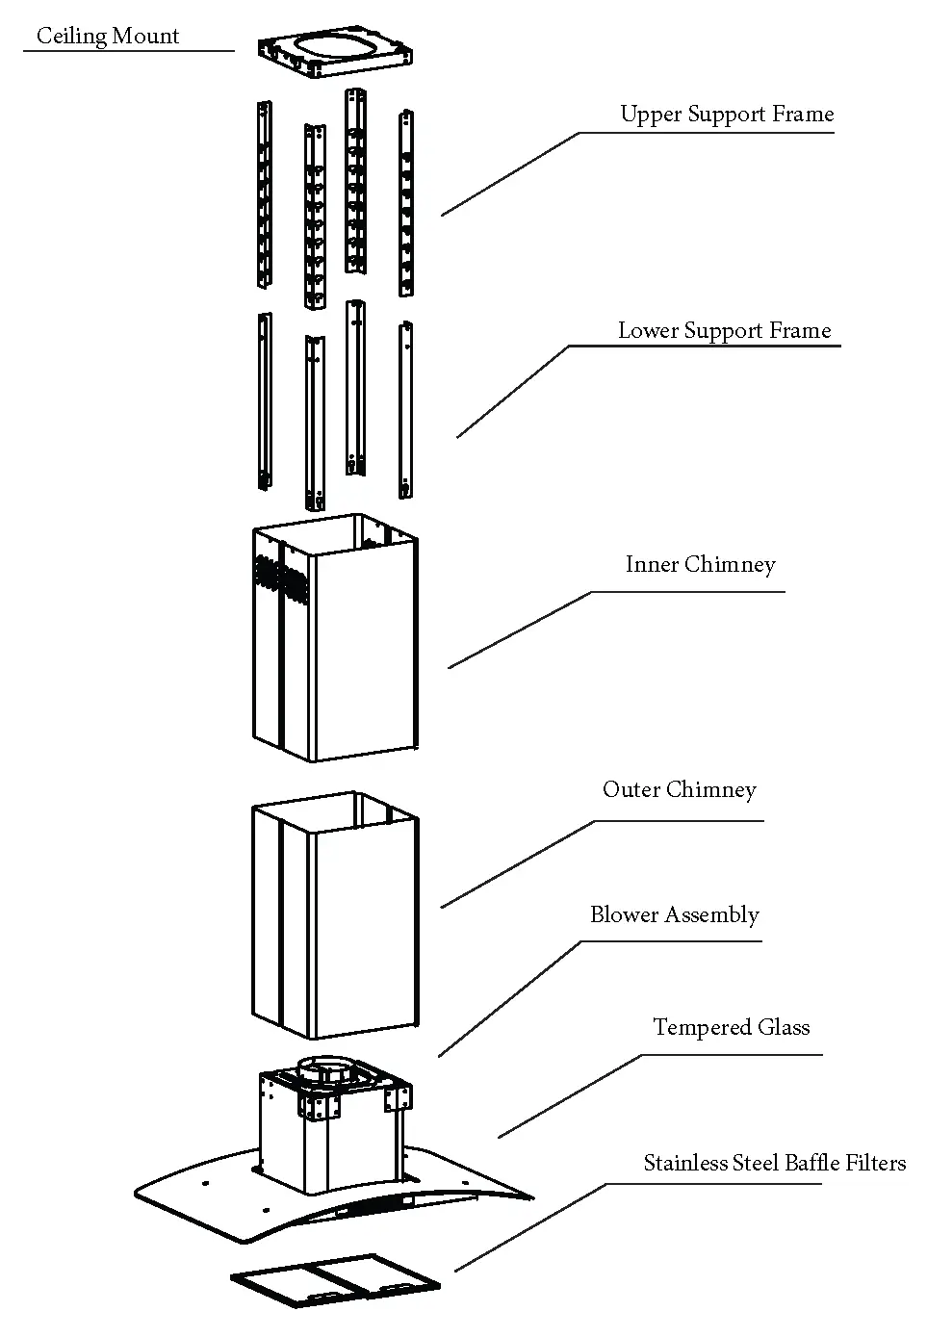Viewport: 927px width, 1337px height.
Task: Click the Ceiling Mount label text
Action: [108, 37]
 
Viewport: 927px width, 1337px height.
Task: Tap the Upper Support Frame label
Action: [726, 115]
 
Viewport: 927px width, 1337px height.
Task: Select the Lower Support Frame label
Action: [724, 331]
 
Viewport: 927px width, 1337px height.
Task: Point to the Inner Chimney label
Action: [700, 565]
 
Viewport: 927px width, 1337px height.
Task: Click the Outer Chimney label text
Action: [679, 790]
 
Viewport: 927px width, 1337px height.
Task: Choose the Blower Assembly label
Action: [674, 915]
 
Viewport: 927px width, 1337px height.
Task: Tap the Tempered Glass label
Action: [731, 1028]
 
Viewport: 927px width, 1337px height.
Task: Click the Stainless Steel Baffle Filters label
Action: [774, 1164]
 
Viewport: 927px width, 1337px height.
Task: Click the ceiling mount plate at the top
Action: [336, 57]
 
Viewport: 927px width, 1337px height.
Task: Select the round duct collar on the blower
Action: [323, 1069]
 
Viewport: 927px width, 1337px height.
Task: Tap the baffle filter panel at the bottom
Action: [336, 1278]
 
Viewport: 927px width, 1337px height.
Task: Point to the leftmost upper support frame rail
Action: [264, 193]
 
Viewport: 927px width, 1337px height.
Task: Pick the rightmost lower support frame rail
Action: [406, 409]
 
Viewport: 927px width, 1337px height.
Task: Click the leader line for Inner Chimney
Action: [520, 630]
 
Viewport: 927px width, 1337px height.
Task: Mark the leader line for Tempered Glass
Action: [568, 1096]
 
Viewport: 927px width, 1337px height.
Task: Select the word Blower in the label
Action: [623, 915]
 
